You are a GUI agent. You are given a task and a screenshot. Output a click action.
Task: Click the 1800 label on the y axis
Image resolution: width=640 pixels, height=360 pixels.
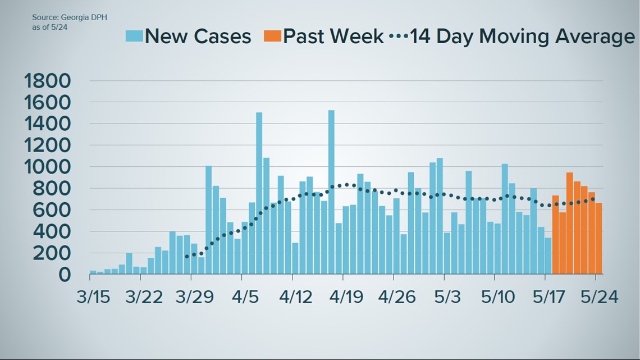coord(48,81)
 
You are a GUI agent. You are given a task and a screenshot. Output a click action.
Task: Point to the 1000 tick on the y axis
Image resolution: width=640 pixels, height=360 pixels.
coord(48,167)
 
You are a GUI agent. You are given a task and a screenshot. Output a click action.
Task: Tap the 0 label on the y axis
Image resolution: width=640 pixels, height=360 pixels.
coord(65,275)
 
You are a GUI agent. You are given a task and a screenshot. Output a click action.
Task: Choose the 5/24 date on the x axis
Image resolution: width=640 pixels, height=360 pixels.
coord(599,296)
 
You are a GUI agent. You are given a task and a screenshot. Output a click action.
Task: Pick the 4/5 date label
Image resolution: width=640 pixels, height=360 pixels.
coord(241,296)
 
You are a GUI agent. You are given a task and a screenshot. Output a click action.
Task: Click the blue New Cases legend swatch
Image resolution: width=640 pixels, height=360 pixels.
coord(134,36)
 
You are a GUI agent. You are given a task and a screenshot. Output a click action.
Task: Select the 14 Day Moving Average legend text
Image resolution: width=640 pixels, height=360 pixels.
coord(522,37)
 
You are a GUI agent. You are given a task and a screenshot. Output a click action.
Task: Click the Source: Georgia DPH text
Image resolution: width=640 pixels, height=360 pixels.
coord(70,17)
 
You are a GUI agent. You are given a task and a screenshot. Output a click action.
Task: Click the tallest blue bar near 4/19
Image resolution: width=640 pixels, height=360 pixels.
coord(331,191)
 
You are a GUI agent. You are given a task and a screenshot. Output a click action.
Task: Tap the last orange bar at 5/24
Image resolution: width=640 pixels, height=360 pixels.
coord(599,238)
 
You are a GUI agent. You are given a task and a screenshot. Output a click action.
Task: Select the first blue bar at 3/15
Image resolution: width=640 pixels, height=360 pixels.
coord(93,272)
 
